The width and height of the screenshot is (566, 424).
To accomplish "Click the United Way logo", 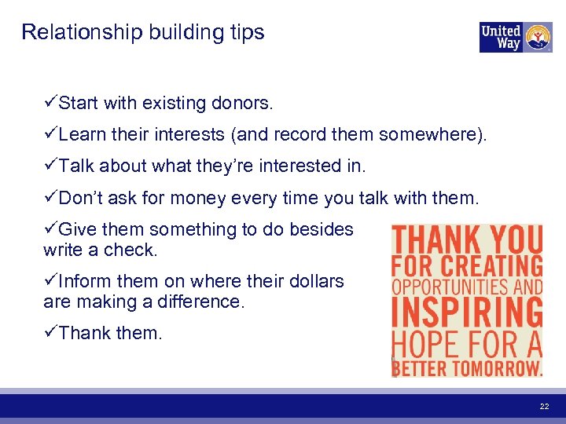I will point(516,37).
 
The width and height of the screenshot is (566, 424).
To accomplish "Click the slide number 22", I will point(544,406).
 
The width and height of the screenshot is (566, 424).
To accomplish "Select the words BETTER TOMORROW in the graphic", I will point(467,367).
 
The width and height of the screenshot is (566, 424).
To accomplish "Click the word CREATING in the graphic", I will point(494,265).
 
